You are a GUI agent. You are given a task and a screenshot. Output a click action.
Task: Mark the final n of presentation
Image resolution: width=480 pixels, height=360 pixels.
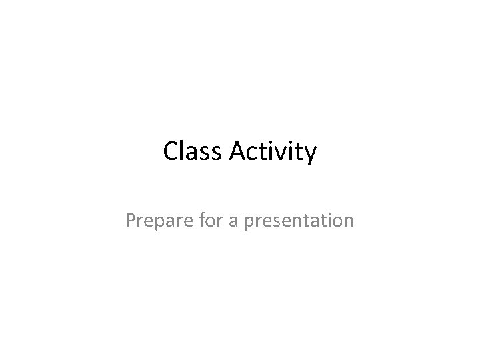[349, 221]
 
